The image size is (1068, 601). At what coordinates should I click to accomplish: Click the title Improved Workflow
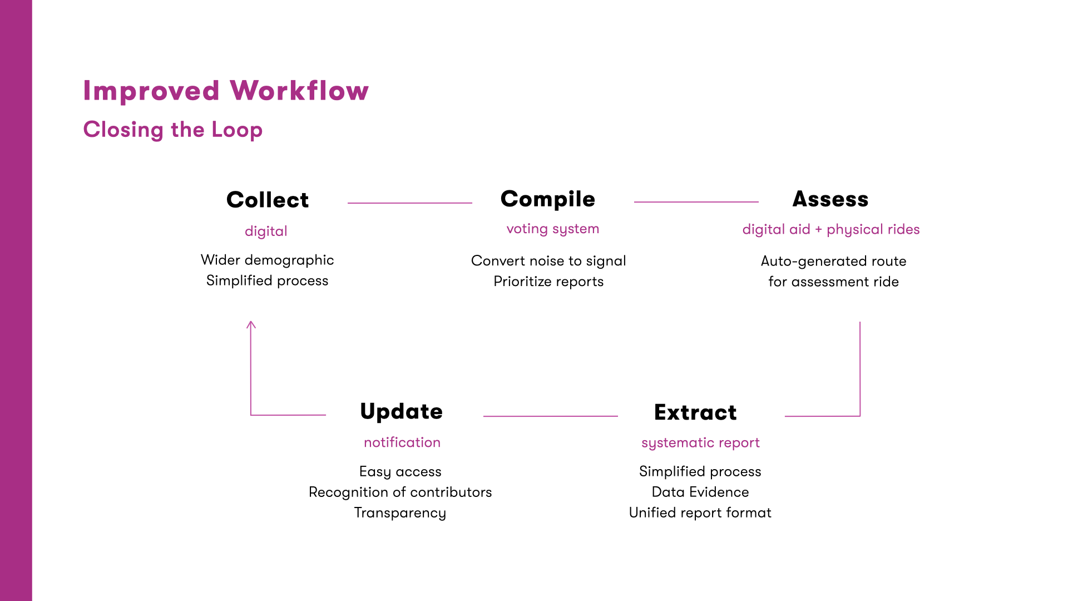[x=225, y=91]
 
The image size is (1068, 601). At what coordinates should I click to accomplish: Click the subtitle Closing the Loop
[x=172, y=130]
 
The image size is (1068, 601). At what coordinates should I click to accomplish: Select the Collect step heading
[x=267, y=200]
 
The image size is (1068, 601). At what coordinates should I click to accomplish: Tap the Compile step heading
[x=547, y=199]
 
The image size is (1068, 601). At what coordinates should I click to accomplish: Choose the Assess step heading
[x=830, y=199]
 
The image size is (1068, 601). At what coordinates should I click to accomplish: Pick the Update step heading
[x=401, y=411]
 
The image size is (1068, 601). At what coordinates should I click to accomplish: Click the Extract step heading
[x=695, y=412]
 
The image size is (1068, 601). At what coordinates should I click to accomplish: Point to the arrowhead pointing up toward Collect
[x=251, y=324]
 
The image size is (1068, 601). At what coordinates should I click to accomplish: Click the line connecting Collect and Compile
[x=409, y=203]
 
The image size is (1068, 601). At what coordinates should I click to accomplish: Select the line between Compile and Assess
[x=696, y=202]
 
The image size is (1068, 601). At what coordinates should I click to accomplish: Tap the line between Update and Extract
[x=550, y=416]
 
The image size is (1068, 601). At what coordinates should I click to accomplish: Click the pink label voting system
[x=552, y=229]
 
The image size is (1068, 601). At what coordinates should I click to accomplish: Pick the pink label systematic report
[x=700, y=442]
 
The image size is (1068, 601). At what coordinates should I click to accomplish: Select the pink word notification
[x=402, y=442]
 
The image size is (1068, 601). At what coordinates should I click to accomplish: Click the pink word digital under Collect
[x=266, y=231]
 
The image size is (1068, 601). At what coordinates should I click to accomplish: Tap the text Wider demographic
[x=267, y=260]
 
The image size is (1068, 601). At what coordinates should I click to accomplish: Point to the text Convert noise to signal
[x=548, y=261]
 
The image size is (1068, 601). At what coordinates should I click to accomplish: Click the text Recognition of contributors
[x=400, y=492]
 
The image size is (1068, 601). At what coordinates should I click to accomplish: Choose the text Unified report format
[x=700, y=513]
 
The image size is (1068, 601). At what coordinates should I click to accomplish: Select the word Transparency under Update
[x=400, y=513]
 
